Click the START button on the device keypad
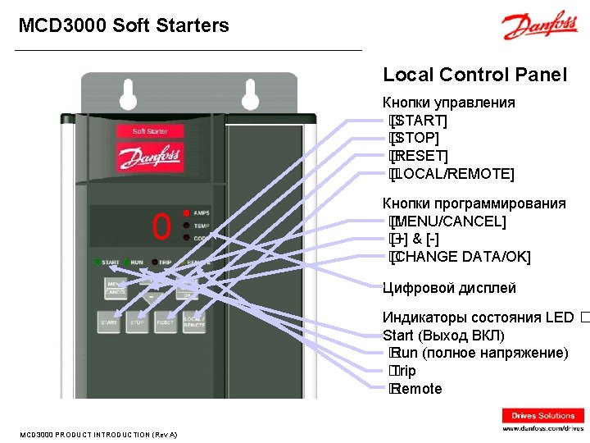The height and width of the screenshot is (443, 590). pyautogui.click(x=109, y=322)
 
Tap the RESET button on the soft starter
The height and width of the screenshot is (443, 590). pyautogui.click(x=166, y=322)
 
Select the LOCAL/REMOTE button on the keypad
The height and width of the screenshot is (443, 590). pyautogui.click(x=194, y=322)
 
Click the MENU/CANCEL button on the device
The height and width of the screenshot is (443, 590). pyautogui.click(x=116, y=288)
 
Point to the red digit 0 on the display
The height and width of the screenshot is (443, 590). pyautogui.click(x=161, y=226)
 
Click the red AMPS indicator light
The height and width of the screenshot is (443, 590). pyautogui.click(x=187, y=212)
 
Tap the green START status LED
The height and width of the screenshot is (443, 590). pyautogui.click(x=97, y=263)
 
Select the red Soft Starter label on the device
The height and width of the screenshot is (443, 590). pyautogui.click(x=150, y=131)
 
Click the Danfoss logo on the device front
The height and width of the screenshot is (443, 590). pyautogui.click(x=150, y=157)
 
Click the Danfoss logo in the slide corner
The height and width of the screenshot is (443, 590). pyautogui.click(x=540, y=27)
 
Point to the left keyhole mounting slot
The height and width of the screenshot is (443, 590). pyautogui.click(x=128, y=94)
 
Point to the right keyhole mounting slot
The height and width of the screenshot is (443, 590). pyautogui.click(x=251, y=94)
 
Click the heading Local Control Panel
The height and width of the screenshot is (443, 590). pyautogui.click(x=474, y=75)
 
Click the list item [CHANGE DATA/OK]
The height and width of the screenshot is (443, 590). pyautogui.click(x=461, y=258)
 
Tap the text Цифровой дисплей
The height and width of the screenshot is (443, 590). pyautogui.click(x=449, y=288)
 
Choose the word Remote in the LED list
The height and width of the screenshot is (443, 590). pyautogui.click(x=418, y=389)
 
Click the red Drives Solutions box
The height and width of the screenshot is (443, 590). pyautogui.click(x=543, y=416)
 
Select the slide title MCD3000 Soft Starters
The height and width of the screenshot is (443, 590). pyautogui.click(x=124, y=25)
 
